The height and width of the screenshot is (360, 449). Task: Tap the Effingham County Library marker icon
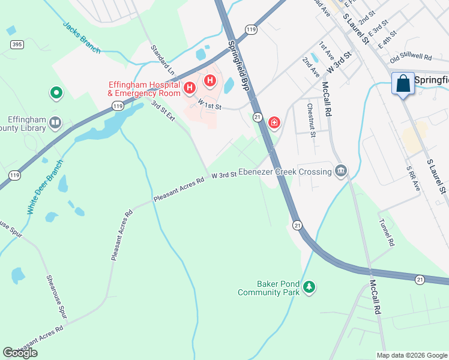(55, 123)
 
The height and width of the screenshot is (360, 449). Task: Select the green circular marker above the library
(56, 92)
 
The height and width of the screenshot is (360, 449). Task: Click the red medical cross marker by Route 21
(274, 123)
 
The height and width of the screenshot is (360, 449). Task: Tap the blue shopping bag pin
(403, 83)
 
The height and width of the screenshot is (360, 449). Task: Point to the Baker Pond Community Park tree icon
(309, 287)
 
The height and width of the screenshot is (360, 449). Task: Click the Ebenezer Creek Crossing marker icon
(341, 172)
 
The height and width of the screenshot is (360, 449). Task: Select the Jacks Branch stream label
(82, 38)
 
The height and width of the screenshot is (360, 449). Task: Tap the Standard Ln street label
(162, 59)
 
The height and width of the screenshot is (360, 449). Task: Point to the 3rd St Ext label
(163, 112)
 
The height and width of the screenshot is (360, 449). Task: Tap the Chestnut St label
(311, 120)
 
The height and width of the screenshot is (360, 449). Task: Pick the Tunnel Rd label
(385, 232)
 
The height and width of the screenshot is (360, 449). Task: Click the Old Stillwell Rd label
(411, 58)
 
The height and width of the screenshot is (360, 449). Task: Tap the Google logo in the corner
(20, 353)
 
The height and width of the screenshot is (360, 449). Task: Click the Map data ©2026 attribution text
(411, 355)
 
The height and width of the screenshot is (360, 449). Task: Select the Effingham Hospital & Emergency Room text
(144, 89)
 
